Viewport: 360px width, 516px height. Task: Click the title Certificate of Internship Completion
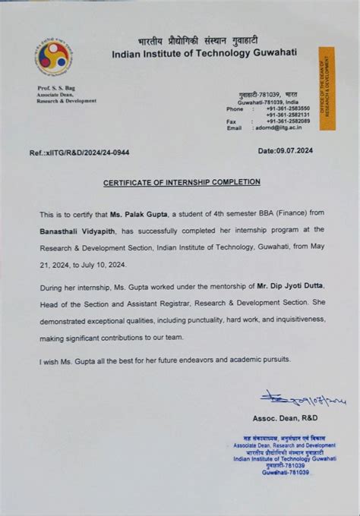coord(182,182)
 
